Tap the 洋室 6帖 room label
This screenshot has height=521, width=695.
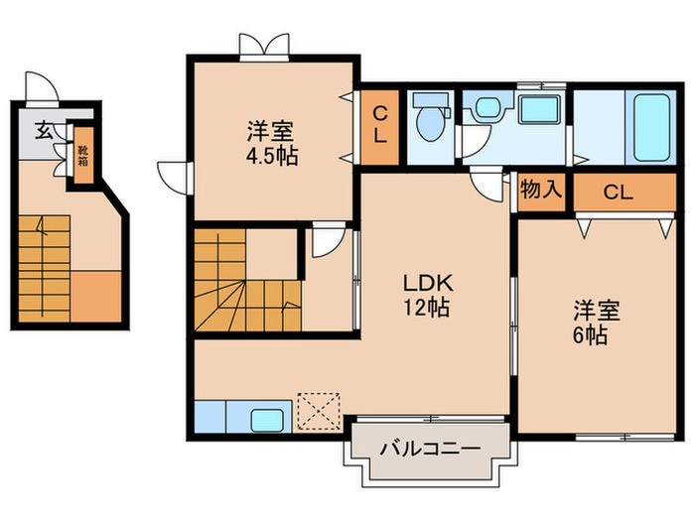pyautogui.click(x=596, y=321)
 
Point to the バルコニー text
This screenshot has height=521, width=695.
pyautogui.click(x=429, y=450)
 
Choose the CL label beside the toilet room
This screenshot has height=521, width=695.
pyautogui.click(x=381, y=127)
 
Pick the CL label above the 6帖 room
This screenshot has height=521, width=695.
pyautogui.click(x=618, y=194)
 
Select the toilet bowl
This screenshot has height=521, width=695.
pyautogui.click(x=430, y=121)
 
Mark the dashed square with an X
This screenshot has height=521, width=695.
pyautogui.click(x=319, y=409)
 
